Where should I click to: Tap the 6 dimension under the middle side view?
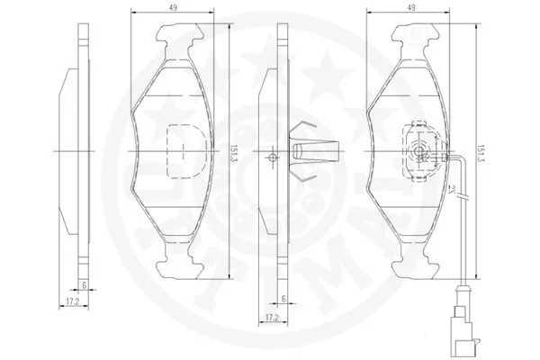click(283, 300)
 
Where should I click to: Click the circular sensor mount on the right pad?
click(417, 150)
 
